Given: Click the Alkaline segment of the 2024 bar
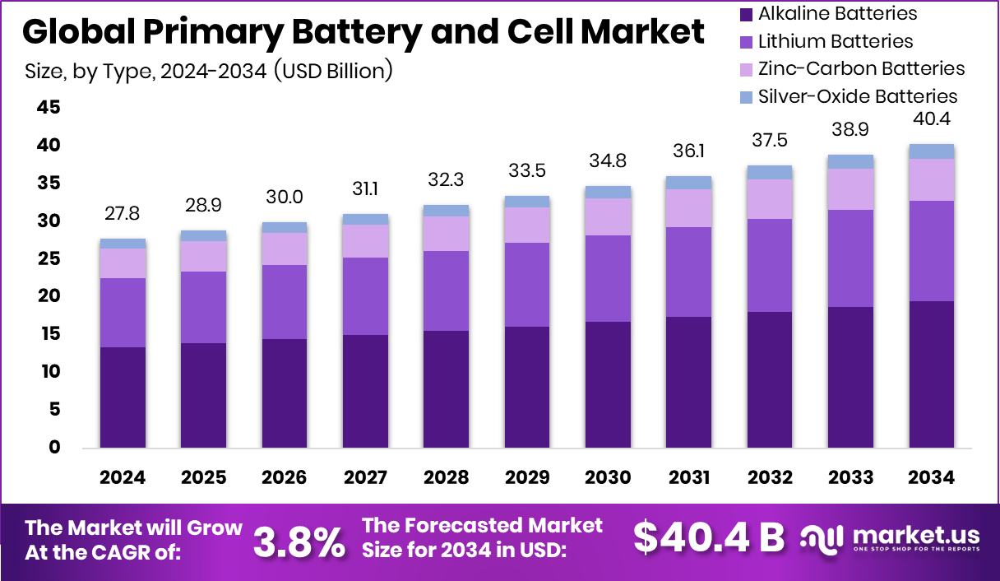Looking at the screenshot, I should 123,397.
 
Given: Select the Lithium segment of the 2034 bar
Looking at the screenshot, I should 931,251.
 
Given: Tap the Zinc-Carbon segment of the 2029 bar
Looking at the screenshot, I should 527,225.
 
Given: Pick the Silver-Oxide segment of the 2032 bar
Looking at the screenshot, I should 770,172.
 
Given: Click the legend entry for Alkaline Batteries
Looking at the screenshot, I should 836,14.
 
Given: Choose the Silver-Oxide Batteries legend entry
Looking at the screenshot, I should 857,96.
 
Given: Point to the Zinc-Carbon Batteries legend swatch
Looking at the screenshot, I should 746,69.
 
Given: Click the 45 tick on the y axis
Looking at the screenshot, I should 49,108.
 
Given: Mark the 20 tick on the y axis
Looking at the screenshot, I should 49,296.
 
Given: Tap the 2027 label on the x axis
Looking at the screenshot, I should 365,478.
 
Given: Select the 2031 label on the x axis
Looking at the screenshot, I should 688,478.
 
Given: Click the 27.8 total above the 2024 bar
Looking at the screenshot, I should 123,214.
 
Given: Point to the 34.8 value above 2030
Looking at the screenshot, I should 608,161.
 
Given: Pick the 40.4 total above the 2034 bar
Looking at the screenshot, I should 931,119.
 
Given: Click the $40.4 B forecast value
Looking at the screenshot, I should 708,537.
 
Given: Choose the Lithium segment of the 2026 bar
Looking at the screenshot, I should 285,302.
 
